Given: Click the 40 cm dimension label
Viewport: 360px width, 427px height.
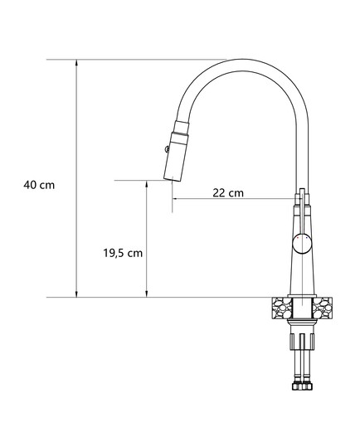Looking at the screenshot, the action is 39,185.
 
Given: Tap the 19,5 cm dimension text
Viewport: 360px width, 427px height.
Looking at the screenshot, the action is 123,253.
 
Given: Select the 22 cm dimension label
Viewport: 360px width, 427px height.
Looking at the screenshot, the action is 228,193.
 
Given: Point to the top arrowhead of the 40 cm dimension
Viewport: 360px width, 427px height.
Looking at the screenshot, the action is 76,63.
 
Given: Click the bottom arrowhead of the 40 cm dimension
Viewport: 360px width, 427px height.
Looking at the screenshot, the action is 76,294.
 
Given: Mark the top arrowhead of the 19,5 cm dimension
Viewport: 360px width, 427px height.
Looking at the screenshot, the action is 147,184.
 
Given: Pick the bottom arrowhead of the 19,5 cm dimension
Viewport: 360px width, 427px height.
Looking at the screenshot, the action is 147,294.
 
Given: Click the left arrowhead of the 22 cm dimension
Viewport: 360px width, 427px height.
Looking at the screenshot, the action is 176,198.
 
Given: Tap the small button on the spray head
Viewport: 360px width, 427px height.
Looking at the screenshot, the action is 167,149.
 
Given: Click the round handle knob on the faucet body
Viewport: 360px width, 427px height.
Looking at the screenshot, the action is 302,244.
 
